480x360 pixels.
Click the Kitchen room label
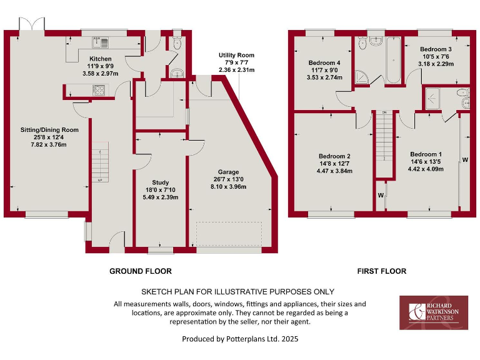point(99,59)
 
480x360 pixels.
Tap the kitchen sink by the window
point(101,42)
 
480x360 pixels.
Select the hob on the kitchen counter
point(99,89)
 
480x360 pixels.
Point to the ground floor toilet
point(176,44)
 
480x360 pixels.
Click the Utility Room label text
point(234,56)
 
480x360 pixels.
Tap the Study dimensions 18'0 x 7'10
point(161,190)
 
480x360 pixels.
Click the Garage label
point(229,172)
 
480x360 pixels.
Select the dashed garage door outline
point(229,234)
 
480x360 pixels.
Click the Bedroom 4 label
point(324,63)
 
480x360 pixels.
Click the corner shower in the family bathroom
point(362,77)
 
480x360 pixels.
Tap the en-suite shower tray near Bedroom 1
point(434,99)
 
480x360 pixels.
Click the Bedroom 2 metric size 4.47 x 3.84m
point(334,171)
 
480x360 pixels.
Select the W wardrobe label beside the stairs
point(380,195)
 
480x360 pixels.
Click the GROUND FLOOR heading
point(140,271)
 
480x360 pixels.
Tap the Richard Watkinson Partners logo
point(433,312)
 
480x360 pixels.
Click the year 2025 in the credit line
point(288,339)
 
